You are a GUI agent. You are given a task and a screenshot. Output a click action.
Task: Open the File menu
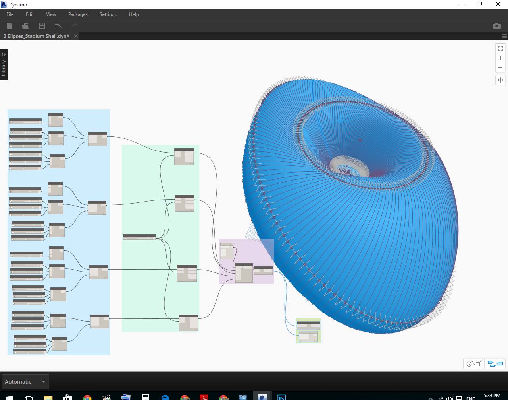tap(10, 14)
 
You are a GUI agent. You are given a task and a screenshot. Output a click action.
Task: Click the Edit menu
tap(30, 14)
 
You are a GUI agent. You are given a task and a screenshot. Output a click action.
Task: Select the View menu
tap(51, 14)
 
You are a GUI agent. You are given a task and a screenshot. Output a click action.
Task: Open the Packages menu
tap(78, 14)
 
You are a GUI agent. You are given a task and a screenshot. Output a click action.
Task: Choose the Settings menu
tap(108, 14)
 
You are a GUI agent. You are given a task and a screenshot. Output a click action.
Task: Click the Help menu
tap(134, 14)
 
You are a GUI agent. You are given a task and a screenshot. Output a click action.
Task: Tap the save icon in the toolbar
tap(42, 26)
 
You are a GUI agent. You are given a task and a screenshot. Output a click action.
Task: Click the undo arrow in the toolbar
tap(58, 26)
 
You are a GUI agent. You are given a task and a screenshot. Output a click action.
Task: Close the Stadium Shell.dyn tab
tap(76, 36)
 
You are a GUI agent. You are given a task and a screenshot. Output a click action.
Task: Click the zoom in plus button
tap(500, 58)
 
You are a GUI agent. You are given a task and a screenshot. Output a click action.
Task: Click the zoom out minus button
tap(500, 67)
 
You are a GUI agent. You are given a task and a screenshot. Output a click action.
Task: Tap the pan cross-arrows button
tap(500, 80)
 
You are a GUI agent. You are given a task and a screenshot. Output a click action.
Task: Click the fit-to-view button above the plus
tap(500, 49)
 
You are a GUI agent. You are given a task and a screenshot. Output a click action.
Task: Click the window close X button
tap(498, 4)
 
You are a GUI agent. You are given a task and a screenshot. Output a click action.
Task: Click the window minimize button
tap(462, 4)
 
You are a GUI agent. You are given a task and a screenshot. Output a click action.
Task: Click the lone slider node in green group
tap(139, 237)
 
